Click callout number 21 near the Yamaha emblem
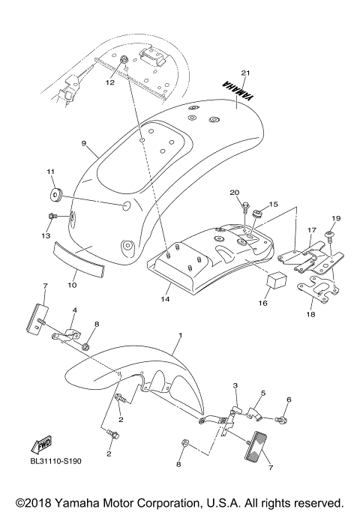[x=244, y=73]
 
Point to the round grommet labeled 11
[x=55, y=197]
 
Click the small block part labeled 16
[x=254, y=281]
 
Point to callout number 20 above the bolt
[x=234, y=192]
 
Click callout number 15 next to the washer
[x=273, y=204]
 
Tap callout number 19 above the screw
[x=336, y=218]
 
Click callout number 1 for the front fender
[x=179, y=337]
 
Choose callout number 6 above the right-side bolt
[x=288, y=400]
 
